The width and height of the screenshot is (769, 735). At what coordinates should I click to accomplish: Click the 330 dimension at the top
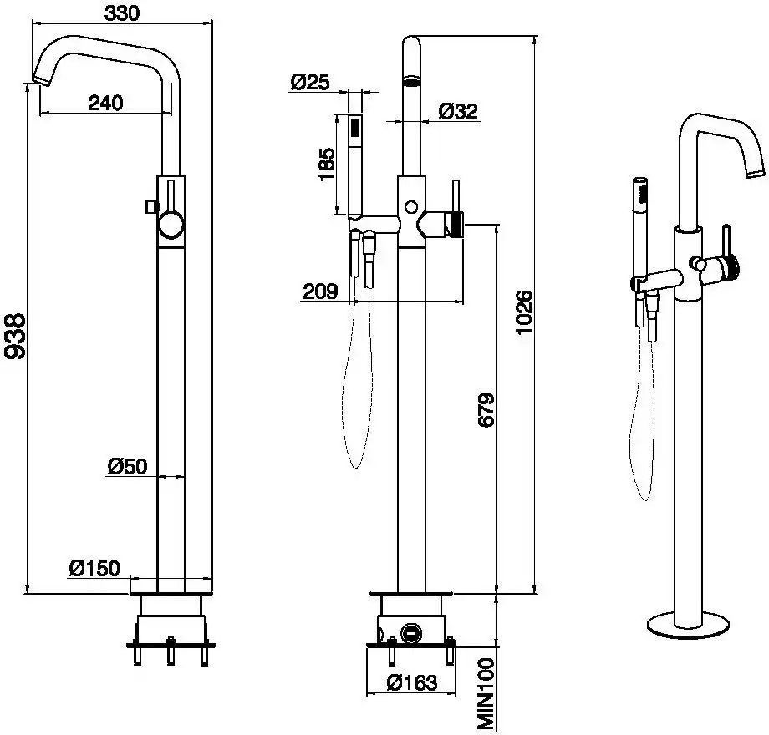click(x=122, y=12)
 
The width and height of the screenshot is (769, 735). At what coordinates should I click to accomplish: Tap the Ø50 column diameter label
click(x=127, y=466)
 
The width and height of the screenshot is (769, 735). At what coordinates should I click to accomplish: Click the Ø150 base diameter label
click(x=94, y=568)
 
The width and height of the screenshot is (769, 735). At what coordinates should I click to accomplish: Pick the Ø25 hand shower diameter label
click(x=310, y=81)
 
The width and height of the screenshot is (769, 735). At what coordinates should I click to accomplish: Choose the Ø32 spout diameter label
click(x=458, y=111)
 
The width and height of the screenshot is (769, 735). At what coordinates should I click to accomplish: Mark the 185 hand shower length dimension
click(x=327, y=165)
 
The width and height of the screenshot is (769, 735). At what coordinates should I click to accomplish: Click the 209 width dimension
click(x=319, y=291)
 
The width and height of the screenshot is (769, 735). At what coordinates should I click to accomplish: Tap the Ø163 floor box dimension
click(x=411, y=682)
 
